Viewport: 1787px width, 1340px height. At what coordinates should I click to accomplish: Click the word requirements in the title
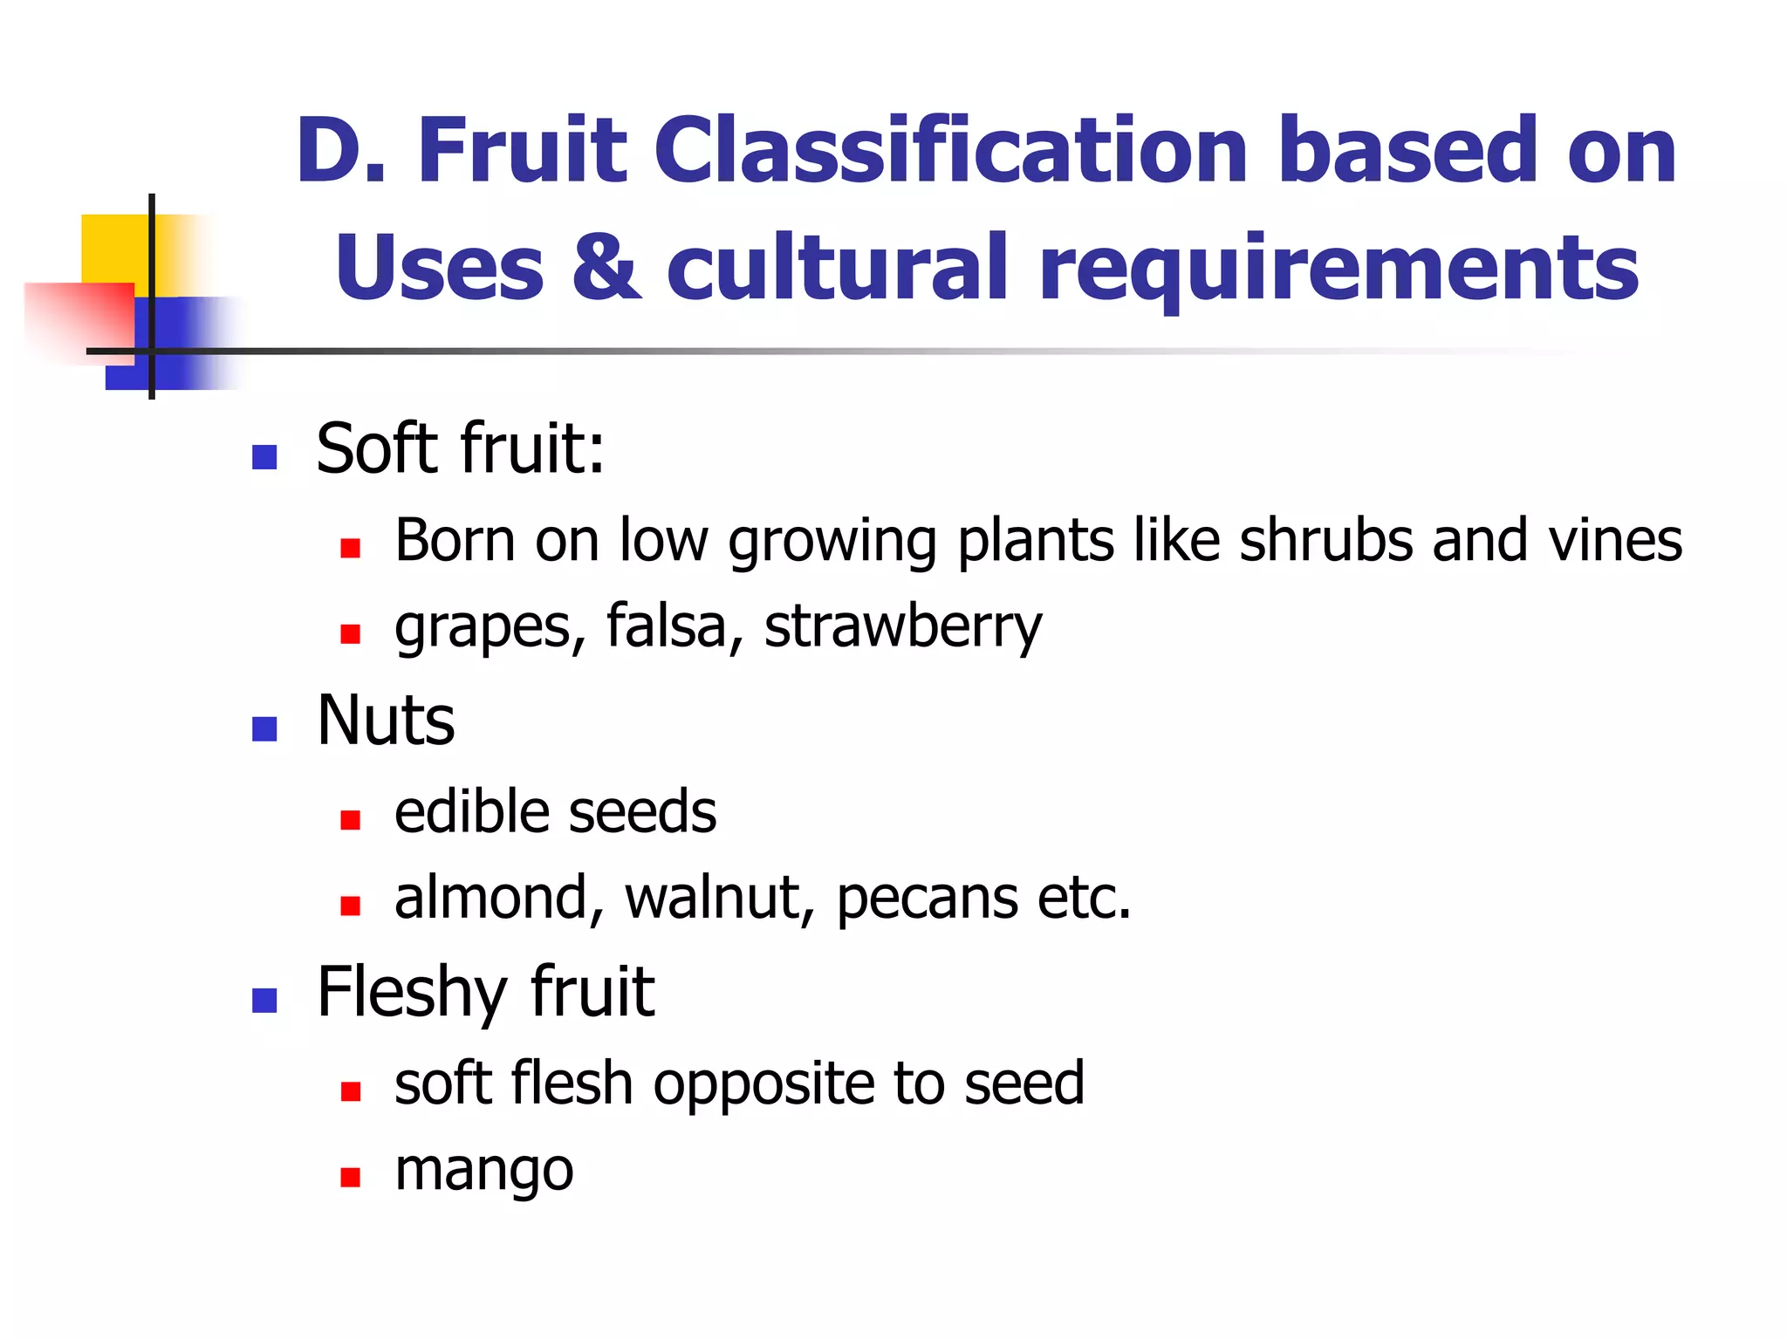pos(1339,270)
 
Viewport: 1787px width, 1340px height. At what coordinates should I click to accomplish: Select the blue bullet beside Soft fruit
pos(264,457)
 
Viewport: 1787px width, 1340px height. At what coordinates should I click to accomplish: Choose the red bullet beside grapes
pos(351,633)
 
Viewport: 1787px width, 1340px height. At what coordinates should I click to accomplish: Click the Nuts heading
pos(386,721)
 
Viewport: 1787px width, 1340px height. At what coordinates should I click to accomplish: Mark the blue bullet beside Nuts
pos(264,728)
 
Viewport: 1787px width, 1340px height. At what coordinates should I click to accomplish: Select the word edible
pos(471,811)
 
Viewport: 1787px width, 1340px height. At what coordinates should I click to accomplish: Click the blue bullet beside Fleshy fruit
pos(264,1000)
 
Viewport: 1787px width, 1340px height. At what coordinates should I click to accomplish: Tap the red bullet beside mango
pos(351,1178)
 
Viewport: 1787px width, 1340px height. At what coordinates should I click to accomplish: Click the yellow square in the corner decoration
pos(113,248)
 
